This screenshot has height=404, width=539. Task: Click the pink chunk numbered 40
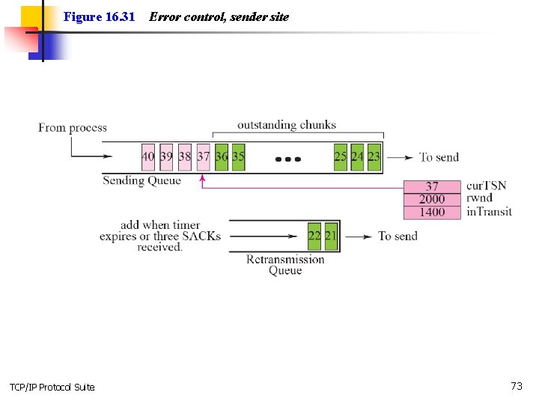(148, 157)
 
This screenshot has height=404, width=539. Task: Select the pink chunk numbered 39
(166, 157)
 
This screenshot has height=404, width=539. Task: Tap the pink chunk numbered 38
(185, 157)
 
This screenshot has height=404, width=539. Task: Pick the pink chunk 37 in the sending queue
(203, 157)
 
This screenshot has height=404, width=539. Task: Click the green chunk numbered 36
(222, 157)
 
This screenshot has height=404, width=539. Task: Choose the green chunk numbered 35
(238, 157)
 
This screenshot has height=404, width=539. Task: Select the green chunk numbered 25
(341, 157)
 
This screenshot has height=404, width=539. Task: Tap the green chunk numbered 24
(357, 157)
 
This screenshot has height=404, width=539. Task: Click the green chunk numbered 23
(374, 157)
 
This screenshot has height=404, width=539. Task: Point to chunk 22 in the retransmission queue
(314, 236)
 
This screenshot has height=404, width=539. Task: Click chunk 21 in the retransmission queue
(331, 236)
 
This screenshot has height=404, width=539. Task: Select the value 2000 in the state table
(432, 199)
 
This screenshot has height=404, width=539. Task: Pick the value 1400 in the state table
(432, 212)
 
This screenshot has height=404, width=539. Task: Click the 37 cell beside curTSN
(432, 186)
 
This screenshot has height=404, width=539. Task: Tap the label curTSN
(486, 186)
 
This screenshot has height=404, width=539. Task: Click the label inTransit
(489, 212)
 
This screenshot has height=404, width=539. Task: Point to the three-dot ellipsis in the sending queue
(288, 159)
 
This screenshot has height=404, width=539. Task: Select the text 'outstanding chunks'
(287, 125)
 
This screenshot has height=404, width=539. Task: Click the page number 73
(517, 386)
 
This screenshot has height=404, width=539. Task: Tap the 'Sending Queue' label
(141, 180)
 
